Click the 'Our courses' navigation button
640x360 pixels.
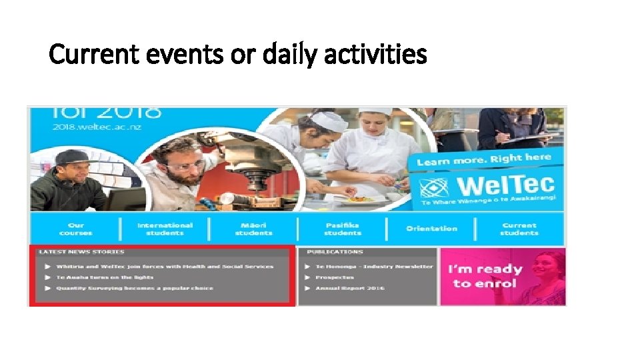[75, 229]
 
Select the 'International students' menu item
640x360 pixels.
[165, 229]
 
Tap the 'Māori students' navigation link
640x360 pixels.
[253, 229]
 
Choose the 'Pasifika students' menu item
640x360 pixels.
[342, 229]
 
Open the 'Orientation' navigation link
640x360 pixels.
[431, 229]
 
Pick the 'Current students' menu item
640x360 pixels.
[519, 229]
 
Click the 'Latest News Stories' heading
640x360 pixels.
[81, 252]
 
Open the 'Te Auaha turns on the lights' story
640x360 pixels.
[105, 277]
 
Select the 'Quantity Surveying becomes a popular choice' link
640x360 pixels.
[134, 288]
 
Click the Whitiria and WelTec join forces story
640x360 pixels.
[164, 266]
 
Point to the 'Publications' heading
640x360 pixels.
[335, 252]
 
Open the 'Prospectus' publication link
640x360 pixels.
[335, 277]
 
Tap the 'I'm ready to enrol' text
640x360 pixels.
[485, 276]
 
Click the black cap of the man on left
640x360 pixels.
[72, 157]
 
